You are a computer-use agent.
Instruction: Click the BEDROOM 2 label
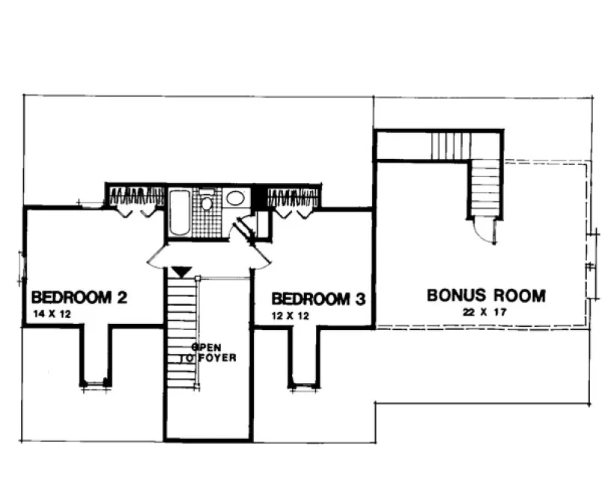click(79, 296)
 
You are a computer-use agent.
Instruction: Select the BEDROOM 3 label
click(318, 299)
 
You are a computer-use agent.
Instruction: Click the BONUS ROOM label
click(486, 295)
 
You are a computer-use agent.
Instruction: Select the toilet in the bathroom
click(207, 202)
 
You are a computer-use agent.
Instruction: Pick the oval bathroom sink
click(235, 199)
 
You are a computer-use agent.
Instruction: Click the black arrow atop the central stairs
click(180, 271)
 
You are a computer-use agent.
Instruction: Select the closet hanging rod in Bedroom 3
click(294, 197)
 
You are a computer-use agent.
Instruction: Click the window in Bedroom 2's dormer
click(96, 385)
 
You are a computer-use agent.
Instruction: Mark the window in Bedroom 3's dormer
click(303, 386)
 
